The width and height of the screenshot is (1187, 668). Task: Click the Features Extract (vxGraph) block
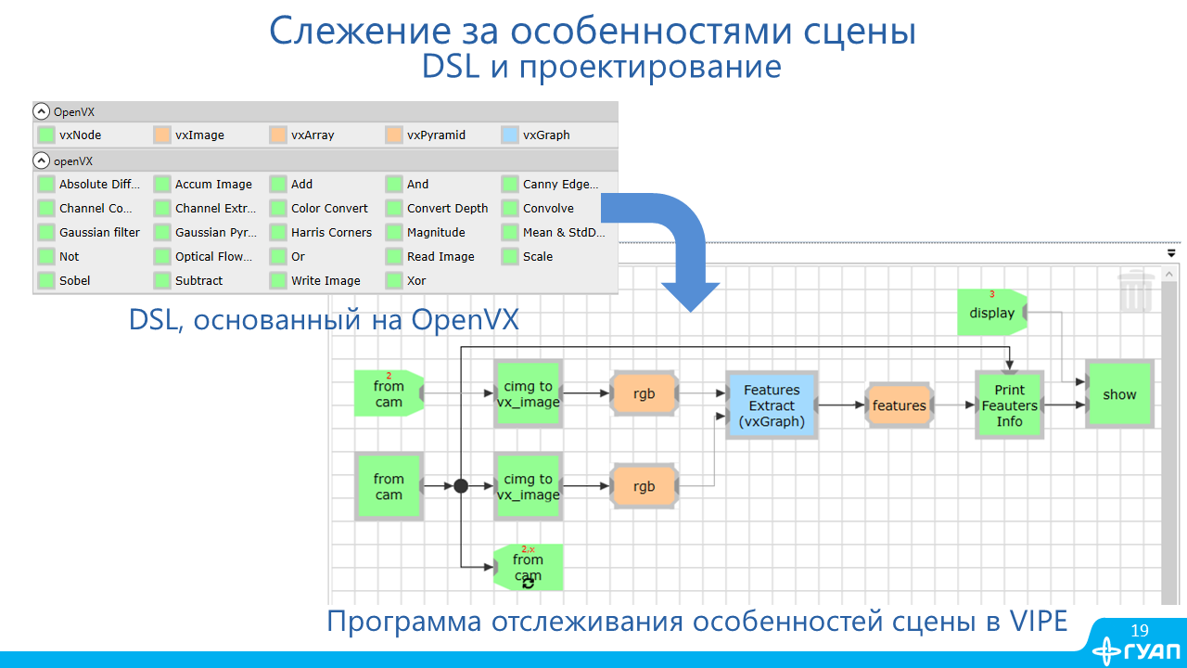pyautogui.click(x=772, y=405)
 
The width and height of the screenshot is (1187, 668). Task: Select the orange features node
pyautogui.click(x=899, y=405)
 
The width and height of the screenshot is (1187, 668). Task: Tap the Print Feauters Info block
pyautogui.click(x=1009, y=405)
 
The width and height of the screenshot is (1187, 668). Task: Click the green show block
pyautogui.click(x=1119, y=394)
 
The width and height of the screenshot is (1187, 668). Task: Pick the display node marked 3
pyautogui.click(x=991, y=313)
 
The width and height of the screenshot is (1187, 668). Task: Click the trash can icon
pyautogui.click(x=1135, y=290)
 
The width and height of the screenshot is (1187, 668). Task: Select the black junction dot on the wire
pyautogui.click(x=461, y=485)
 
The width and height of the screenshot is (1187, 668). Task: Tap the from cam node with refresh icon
pyautogui.click(x=528, y=567)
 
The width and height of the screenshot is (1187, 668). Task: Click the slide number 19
pyautogui.click(x=1140, y=631)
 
